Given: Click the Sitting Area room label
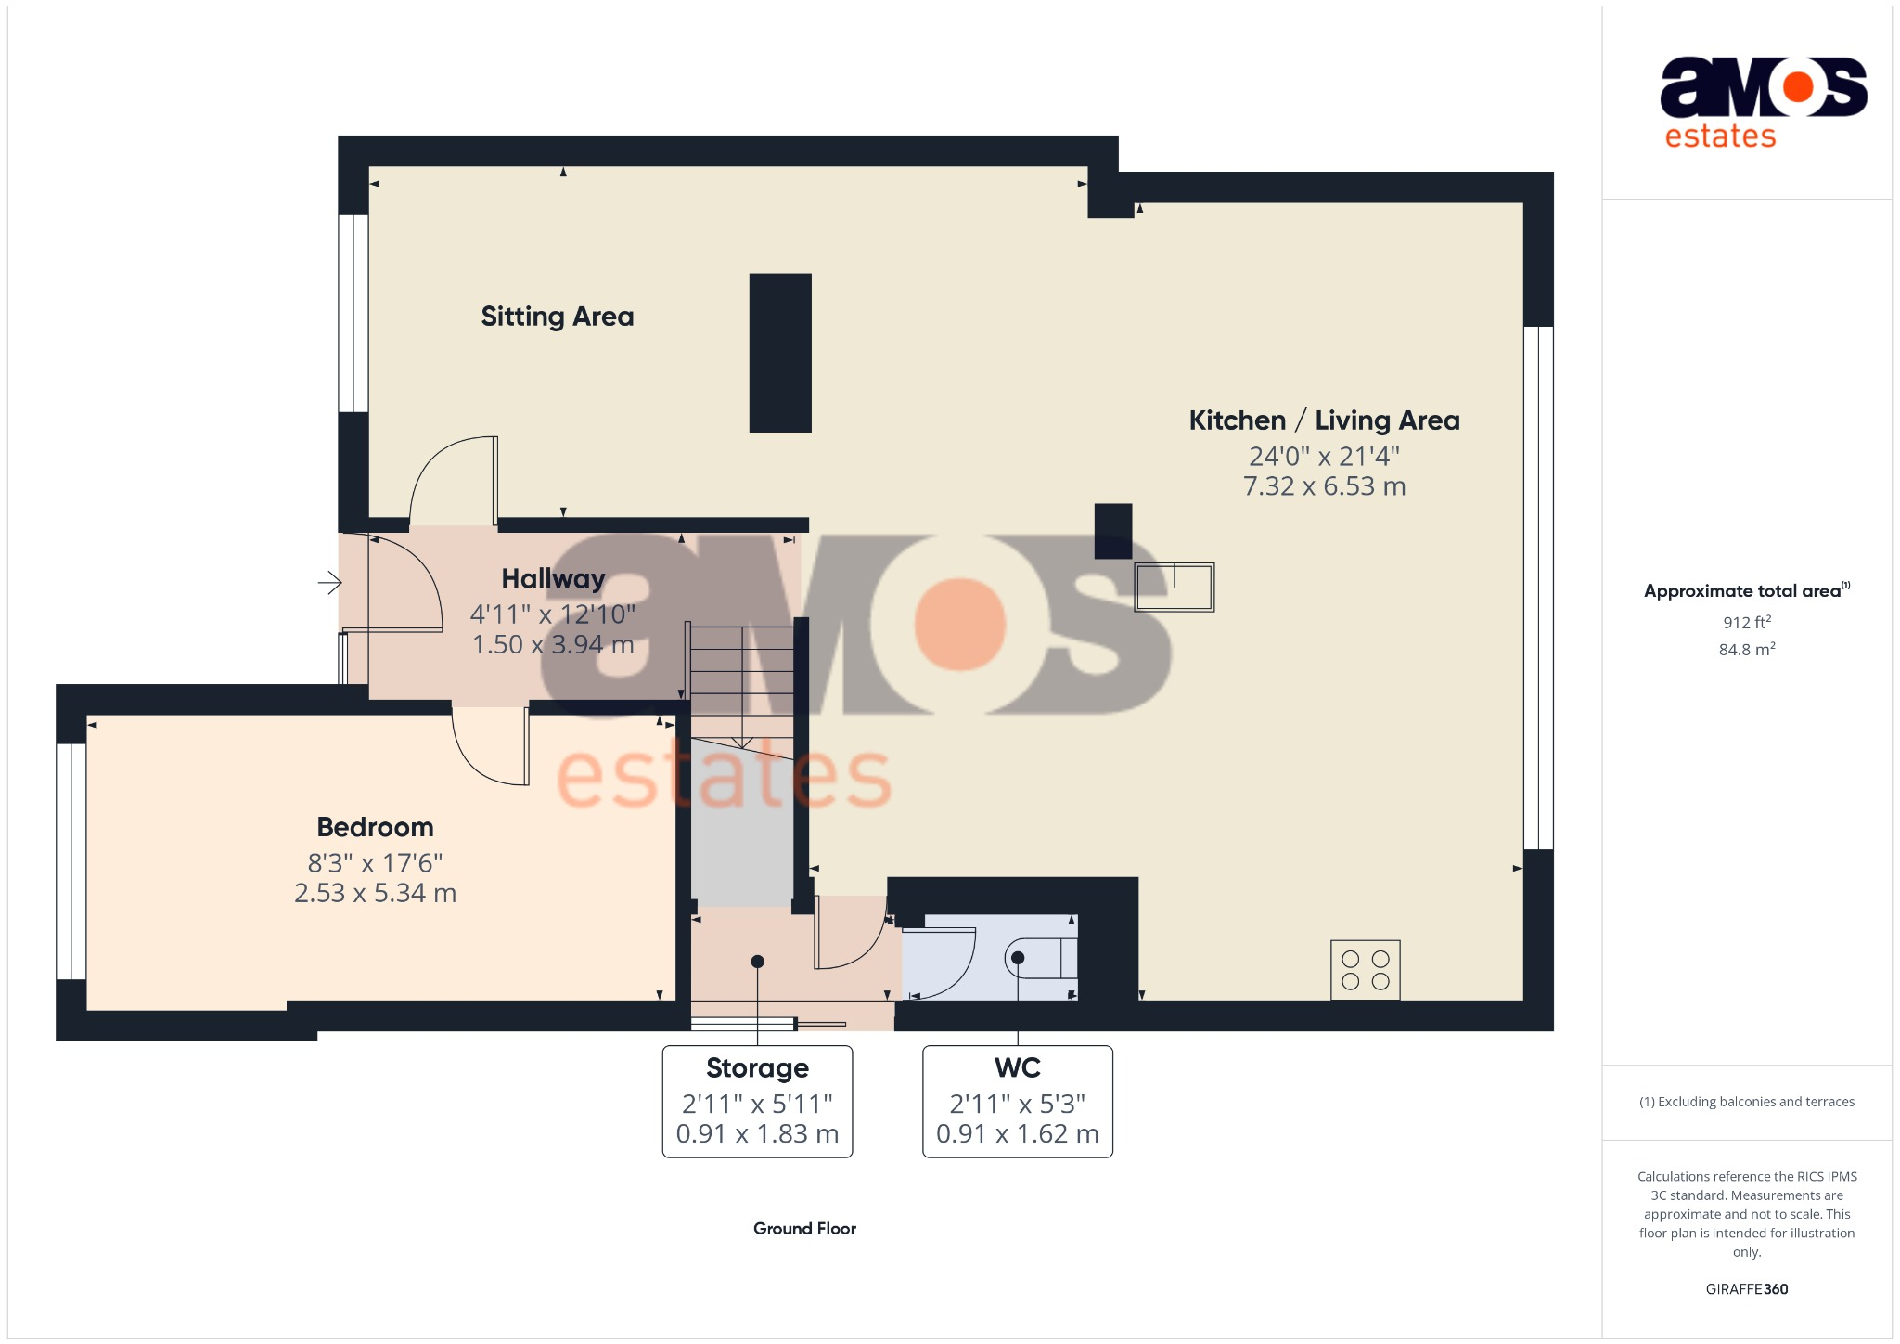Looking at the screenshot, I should click(557, 317).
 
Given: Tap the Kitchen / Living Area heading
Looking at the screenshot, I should click(1324, 420).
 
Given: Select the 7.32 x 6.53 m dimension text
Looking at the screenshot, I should click(1324, 486).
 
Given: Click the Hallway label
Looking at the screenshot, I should click(553, 578).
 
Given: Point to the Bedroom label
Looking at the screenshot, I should click(375, 827).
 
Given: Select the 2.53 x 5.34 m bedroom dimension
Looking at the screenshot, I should click(375, 893).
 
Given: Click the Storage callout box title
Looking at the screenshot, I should click(757, 1068).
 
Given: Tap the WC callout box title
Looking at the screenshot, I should click(1017, 1068).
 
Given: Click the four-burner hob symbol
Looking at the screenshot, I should click(1365, 970).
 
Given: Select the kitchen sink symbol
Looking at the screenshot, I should click(1174, 587).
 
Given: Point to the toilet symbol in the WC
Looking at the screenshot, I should click(1040, 958).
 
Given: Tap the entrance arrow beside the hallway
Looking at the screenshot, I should click(330, 583).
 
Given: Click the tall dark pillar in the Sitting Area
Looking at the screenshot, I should click(780, 353).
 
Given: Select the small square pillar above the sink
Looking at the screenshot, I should click(1113, 531).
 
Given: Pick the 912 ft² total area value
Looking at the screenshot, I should click(1746, 622).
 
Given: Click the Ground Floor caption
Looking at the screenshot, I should click(804, 1228).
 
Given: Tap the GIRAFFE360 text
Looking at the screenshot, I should click(1746, 1288).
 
